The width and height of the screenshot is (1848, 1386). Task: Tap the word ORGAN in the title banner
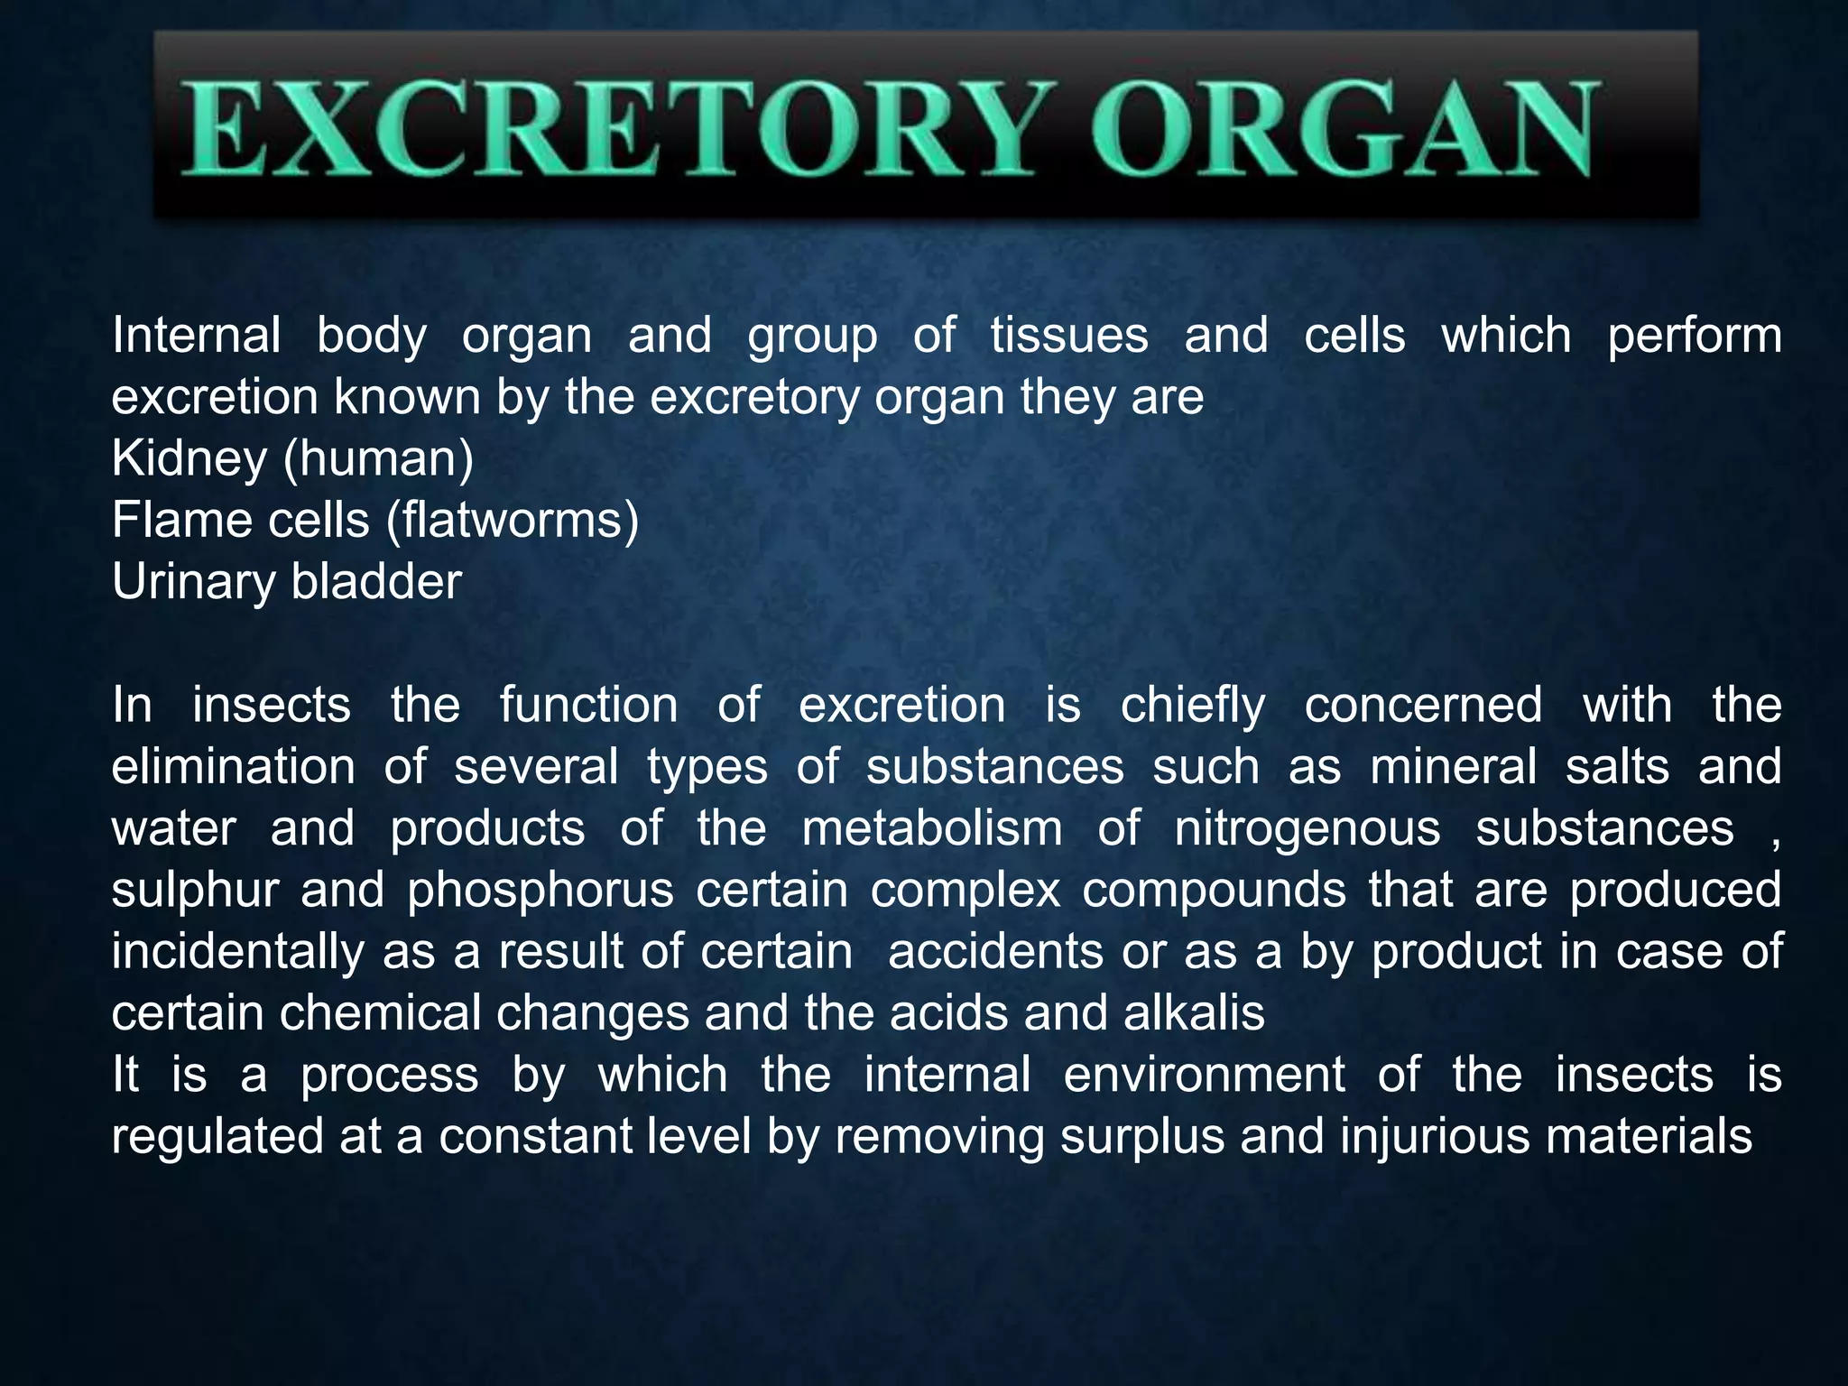pyautogui.click(x=1344, y=129)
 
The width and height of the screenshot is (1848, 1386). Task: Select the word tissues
pyautogui.click(x=1069, y=336)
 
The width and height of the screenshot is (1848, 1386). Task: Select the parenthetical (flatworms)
pyautogui.click(x=513, y=521)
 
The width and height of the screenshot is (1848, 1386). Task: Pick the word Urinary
pyautogui.click(x=193, y=583)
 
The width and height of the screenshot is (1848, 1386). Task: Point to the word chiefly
pyautogui.click(x=1193, y=707)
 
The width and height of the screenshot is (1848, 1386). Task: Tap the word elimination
pyautogui.click(x=233, y=767)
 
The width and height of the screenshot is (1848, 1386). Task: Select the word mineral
pyautogui.click(x=1453, y=767)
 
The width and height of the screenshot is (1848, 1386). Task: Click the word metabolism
pyautogui.click(x=932, y=829)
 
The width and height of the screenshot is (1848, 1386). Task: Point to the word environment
pyautogui.click(x=1204, y=1076)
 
